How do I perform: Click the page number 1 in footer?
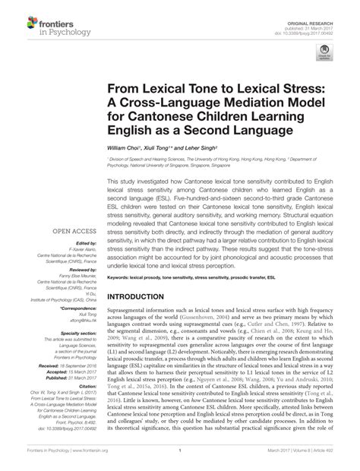tap(180, 460)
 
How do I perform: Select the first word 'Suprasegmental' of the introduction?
tap(130, 308)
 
